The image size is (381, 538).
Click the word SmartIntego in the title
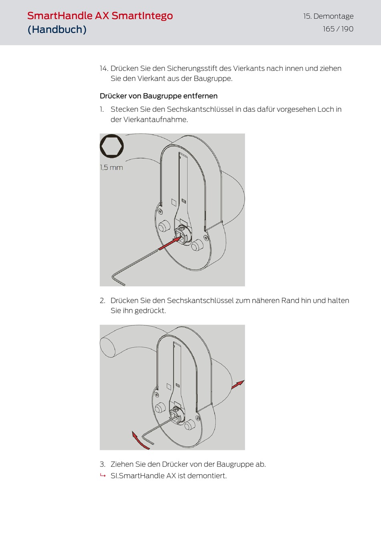tap(142, 16)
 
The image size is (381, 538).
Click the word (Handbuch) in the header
tap(57, 29)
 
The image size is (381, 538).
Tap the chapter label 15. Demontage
tap(328, 16)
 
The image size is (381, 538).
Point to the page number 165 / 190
tap(338, 29)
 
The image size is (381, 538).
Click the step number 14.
tap(104, 69)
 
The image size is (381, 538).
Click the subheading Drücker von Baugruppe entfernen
tap(159, 96)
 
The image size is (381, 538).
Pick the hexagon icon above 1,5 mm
tap(112, 146)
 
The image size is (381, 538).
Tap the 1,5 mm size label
tap(111, 167)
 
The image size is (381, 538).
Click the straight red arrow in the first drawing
tap(170, 243)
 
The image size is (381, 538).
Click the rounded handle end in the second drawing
tap(107, 347)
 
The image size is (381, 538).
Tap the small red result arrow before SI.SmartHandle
tap(103, 476)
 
